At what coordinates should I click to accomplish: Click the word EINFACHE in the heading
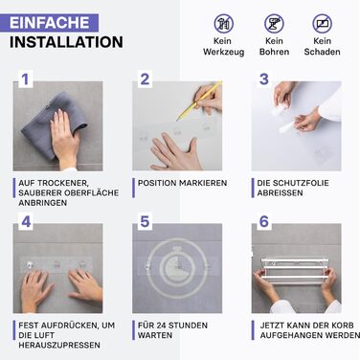click(50, 23)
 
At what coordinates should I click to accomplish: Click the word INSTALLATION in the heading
click(66, 42)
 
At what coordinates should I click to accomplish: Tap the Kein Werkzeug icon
click(224, 24)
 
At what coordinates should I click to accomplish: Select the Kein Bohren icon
click(274, 24)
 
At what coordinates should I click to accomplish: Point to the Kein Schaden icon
click(322, 24)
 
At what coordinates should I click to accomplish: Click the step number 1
click(26, 79)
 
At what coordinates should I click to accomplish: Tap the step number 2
click(145, 79)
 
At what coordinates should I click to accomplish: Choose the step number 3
click(264, 79)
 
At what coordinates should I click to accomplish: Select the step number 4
click(26, 221)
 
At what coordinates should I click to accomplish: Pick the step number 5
click(145, 221)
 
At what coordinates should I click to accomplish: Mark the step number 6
click(264, 221)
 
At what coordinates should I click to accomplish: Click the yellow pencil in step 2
click(199, 101)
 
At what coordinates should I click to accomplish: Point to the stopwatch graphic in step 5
click(177, 267)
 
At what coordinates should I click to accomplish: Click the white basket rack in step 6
click(295, 270)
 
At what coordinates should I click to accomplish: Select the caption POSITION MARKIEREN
click(182, 183)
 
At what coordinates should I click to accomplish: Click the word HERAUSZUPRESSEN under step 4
click(59, 346)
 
